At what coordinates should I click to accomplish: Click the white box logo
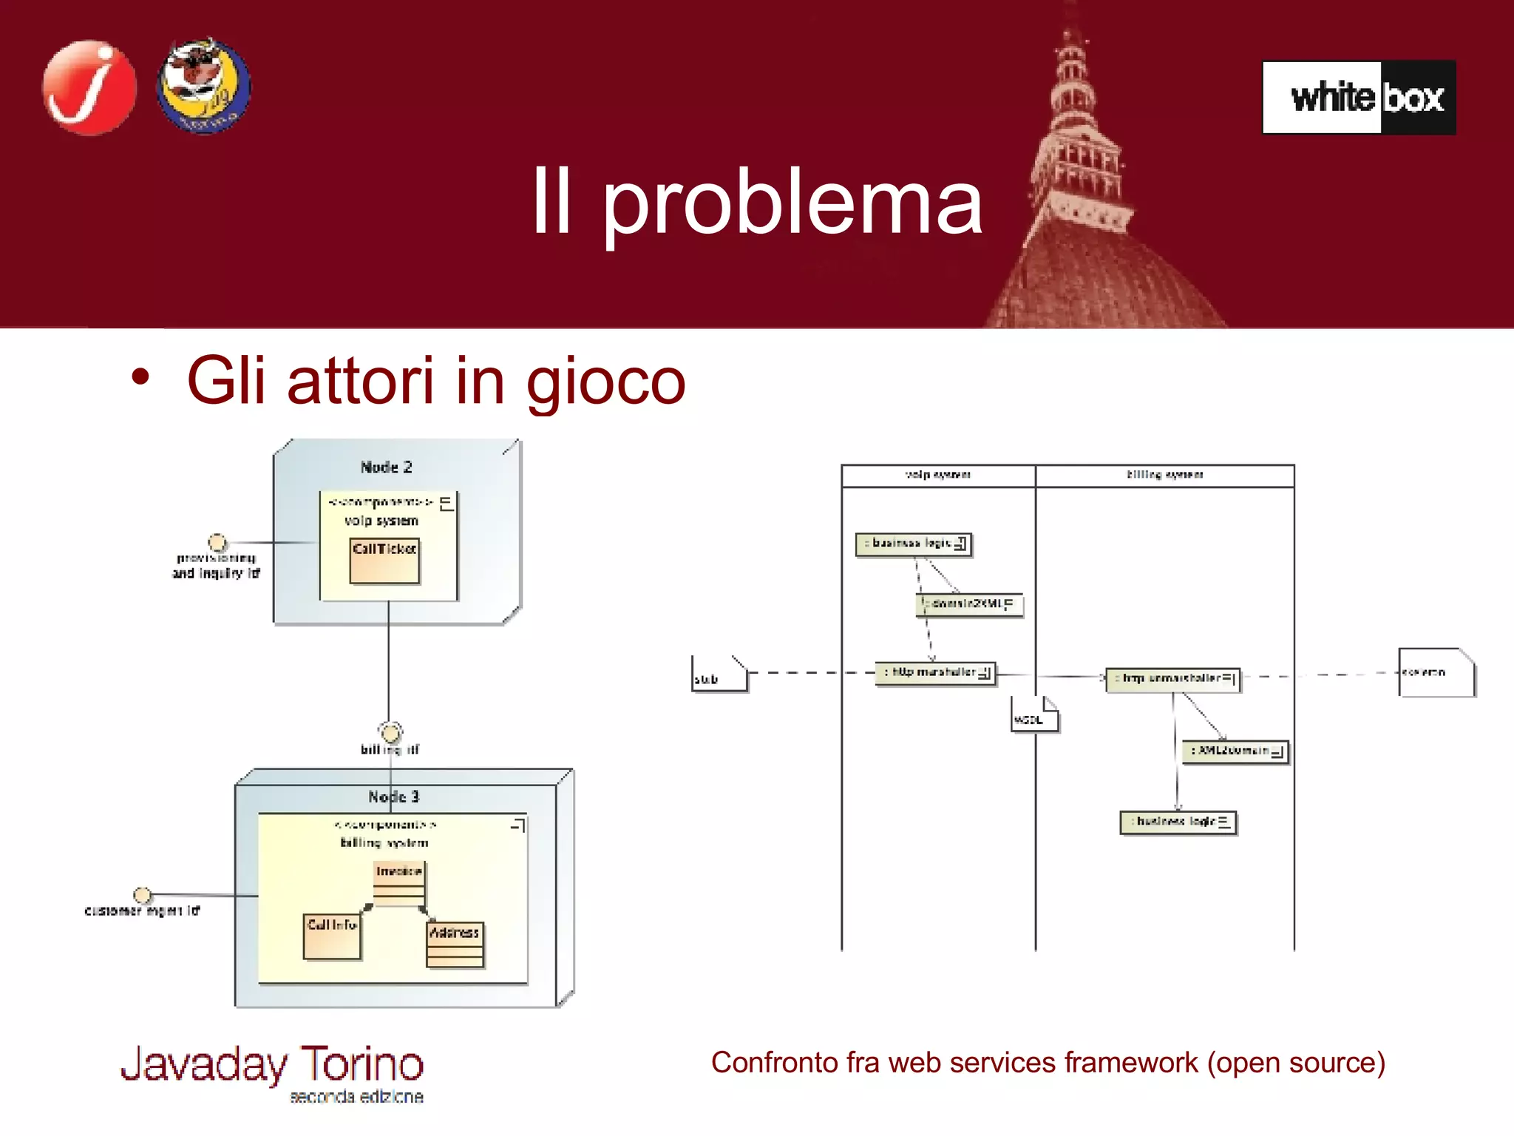pos(1359,97)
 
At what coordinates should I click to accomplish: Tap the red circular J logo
pos(89,87)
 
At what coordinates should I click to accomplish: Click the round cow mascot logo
pos(203,87)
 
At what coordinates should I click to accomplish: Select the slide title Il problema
pos(757,201)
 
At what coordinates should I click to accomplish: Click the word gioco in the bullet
pos(605,381)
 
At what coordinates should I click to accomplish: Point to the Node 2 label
pos(386,467)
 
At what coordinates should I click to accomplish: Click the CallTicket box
pos(384,561)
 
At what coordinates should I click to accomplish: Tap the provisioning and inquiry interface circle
pos(217,542)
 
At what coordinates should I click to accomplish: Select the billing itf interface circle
pos(390,733)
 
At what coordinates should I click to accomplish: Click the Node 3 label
pos(393,797)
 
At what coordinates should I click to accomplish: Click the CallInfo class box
pos(332,937)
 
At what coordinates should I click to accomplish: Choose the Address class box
pos(455,944)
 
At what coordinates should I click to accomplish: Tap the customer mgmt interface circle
pos(142,896)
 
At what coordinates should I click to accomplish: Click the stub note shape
pos(718,674)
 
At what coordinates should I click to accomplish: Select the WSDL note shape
pos(1033,714)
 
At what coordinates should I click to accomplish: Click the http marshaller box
pos(934,673)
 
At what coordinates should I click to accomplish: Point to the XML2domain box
pos(1235,751)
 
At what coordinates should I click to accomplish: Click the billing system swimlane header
pos(1164,475)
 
